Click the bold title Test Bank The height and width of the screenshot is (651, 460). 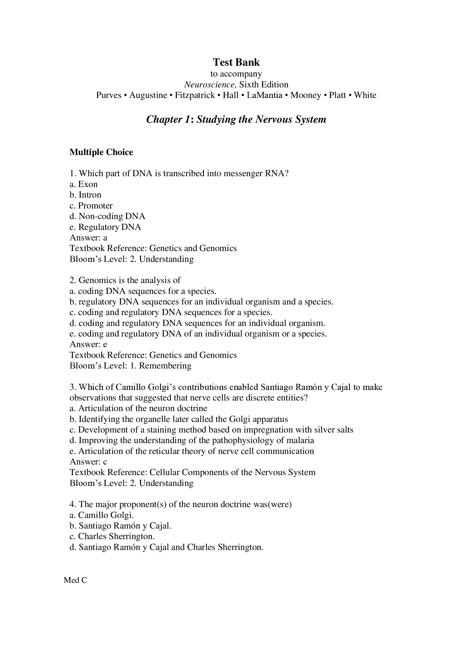tap(236, 62)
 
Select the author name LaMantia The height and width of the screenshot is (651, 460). tap(264, 95)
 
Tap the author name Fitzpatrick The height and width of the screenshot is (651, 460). tap(195, 95)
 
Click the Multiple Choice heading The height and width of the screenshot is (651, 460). tap(101, 152)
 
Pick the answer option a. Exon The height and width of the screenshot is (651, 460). tap(83, 184)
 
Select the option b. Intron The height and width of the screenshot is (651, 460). tap(85, 195)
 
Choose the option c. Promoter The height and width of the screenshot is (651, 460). tap(91, 206)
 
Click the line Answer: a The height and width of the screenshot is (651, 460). tap(88, 238)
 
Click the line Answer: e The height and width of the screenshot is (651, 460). tap(88, 344)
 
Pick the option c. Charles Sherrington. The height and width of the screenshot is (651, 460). tap(112, 536)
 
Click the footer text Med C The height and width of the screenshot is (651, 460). tap(75, 580)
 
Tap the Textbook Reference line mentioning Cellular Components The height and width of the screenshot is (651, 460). tap(192, 472)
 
